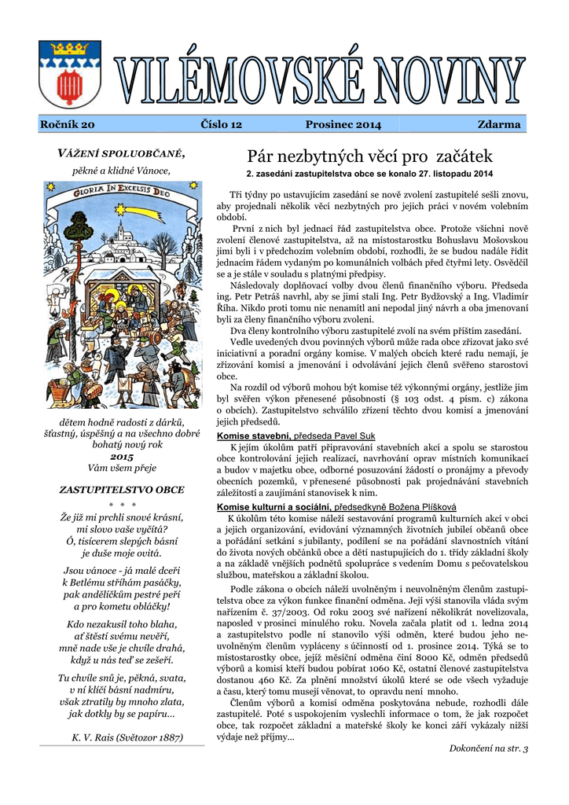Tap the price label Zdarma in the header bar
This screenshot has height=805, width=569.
coord(499,125)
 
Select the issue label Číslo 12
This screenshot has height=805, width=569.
coord(222,125)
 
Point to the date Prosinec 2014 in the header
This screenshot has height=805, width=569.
coord(343,125)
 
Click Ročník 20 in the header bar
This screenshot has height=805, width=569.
coord(68,125)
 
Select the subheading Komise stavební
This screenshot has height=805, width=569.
coord(253,435)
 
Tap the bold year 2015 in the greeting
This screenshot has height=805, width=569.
coord(122,456)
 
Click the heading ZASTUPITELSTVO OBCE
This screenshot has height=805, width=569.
coord(122,489)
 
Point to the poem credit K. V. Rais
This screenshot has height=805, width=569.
coord(127,737)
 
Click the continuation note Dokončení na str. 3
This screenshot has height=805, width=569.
coord(488,748)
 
